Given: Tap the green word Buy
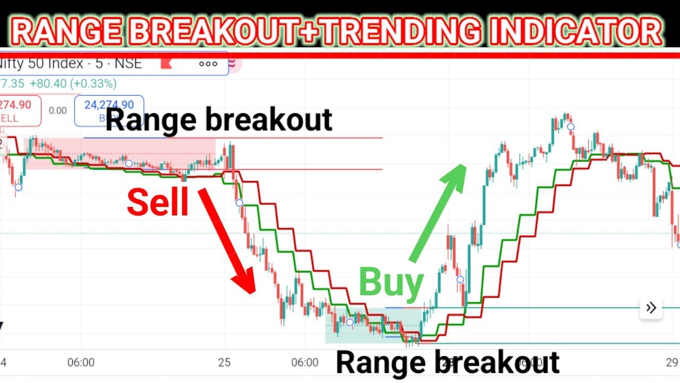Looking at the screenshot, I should [x=391, y=282].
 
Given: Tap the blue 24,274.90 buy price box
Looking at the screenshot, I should [x=109, y=111].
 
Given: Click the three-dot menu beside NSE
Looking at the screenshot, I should [x=208, y=64].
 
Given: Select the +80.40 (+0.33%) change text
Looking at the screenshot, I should [x=73, y=84].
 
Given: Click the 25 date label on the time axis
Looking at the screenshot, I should [x=224, y=363].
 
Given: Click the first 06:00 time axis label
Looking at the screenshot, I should [x=81, y=363].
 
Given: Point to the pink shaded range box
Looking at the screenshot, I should [x=120, y=153].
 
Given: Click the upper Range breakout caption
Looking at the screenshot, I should [x=218, y=120].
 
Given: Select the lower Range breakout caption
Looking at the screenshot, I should [x=447, y=363].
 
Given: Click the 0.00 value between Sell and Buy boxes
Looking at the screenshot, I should [x=58, y=111].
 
